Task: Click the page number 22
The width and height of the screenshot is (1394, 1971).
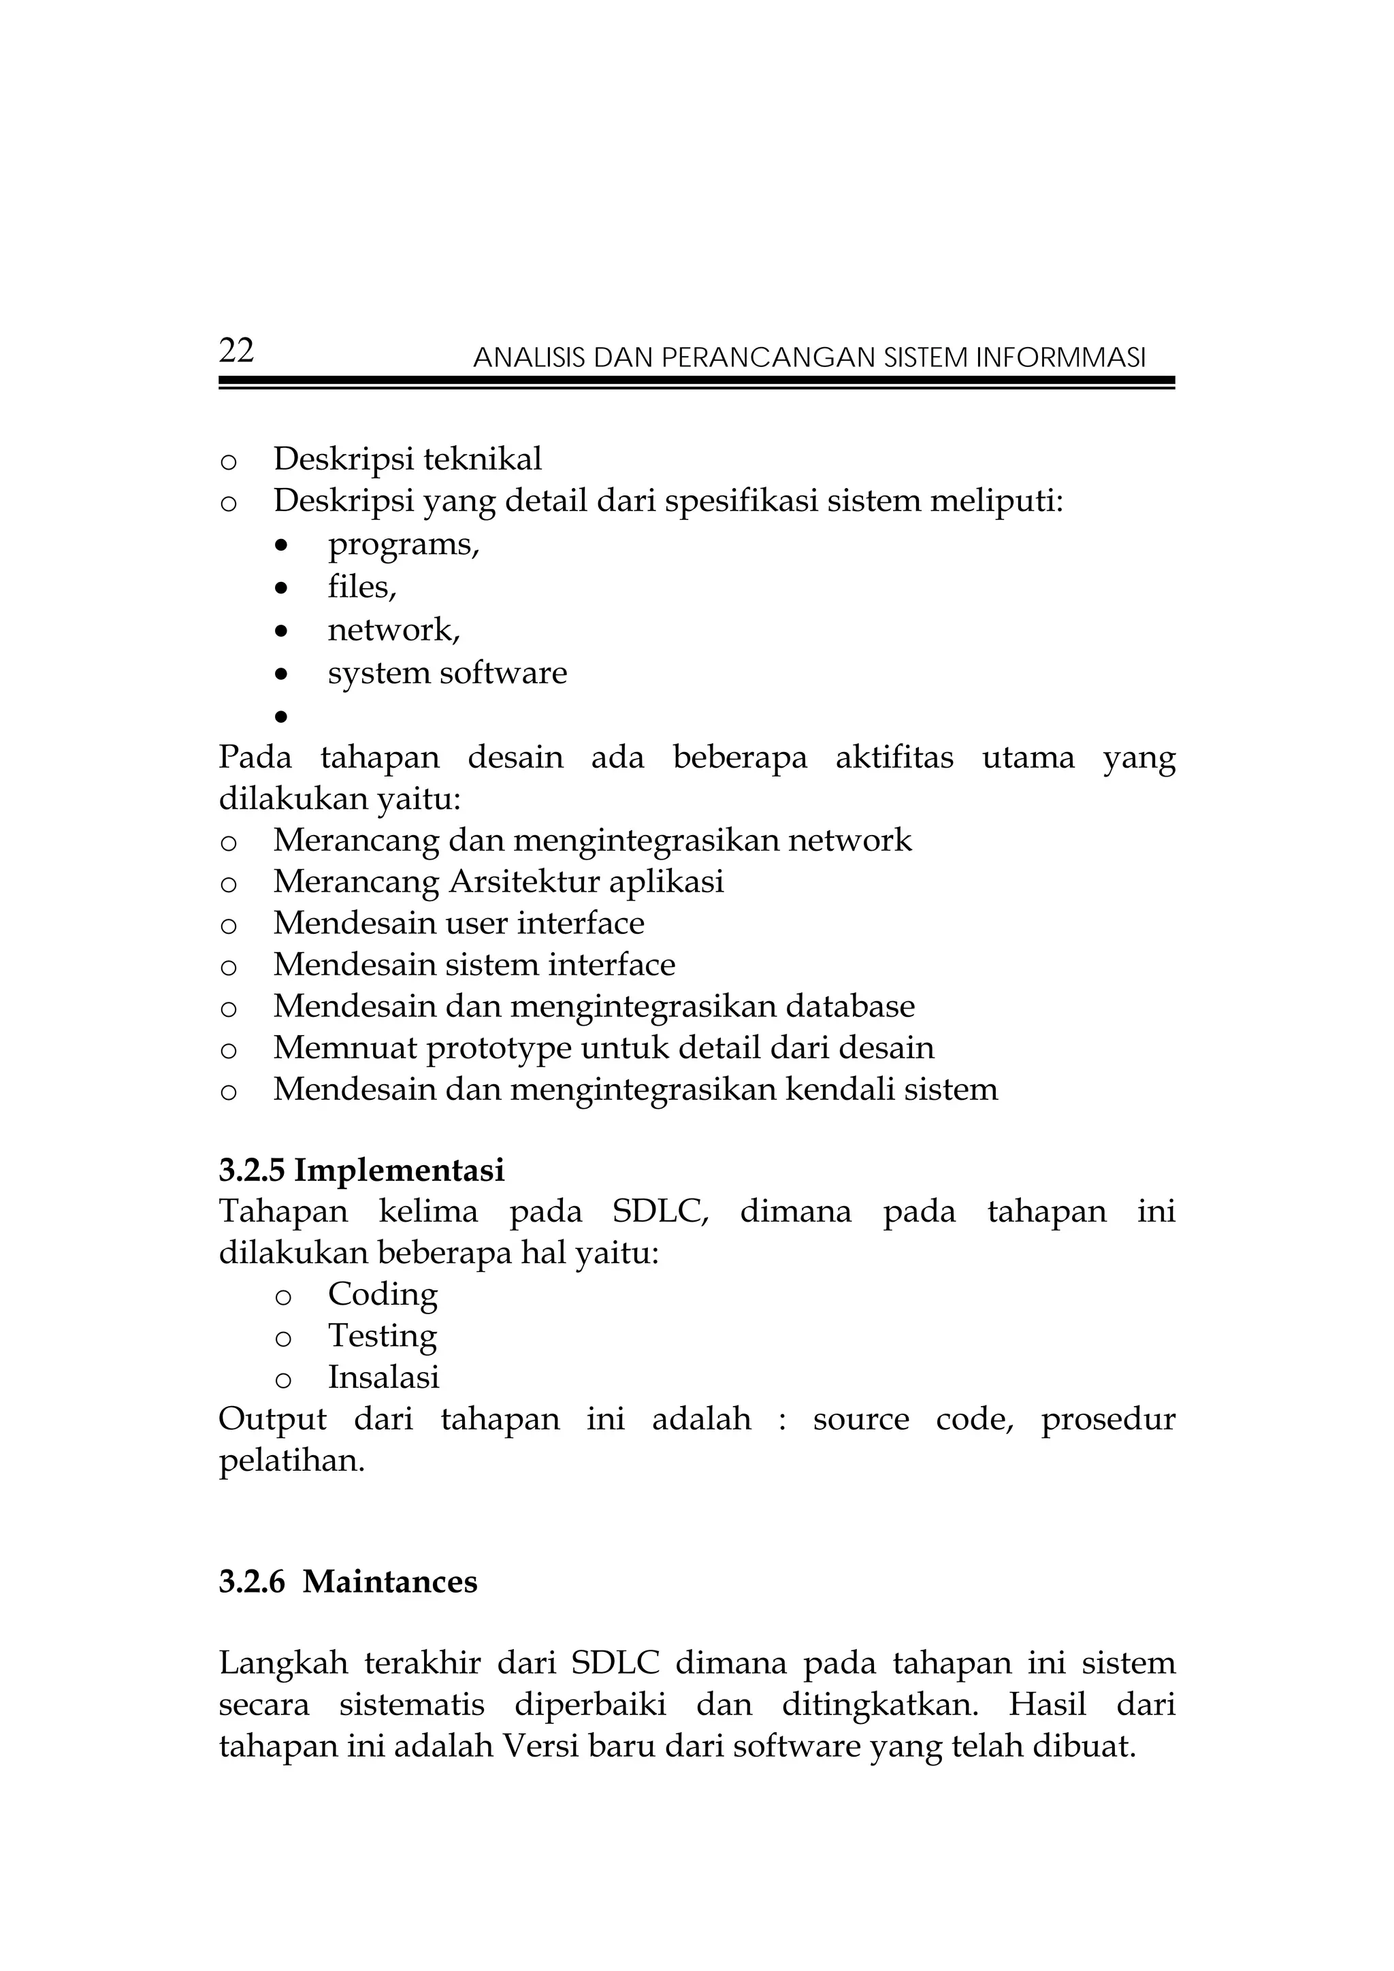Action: (236, 351)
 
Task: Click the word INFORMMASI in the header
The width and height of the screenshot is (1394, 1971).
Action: (1060, 357)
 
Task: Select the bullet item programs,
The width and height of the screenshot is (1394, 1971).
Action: (404, 544)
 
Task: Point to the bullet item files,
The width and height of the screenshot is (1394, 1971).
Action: (361, 587)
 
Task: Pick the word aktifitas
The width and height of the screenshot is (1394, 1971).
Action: (894, 757)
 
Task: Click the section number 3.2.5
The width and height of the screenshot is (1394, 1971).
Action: (251, 1171)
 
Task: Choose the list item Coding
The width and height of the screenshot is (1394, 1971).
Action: (383, 1294)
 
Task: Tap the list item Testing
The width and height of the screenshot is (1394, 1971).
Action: (383, 1337)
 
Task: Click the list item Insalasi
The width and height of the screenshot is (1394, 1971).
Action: (383, 1378)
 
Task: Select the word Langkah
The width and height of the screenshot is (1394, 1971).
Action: (283, 1663)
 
